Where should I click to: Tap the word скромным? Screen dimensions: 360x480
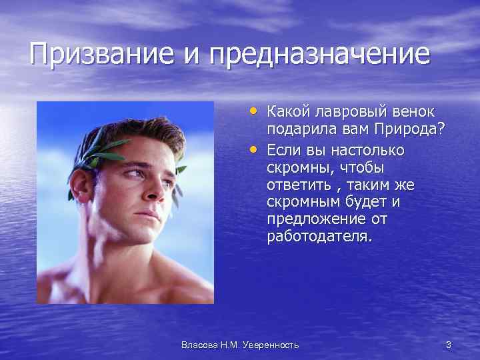click(303, 202)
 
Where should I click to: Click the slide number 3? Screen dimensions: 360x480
click(448, 345)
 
